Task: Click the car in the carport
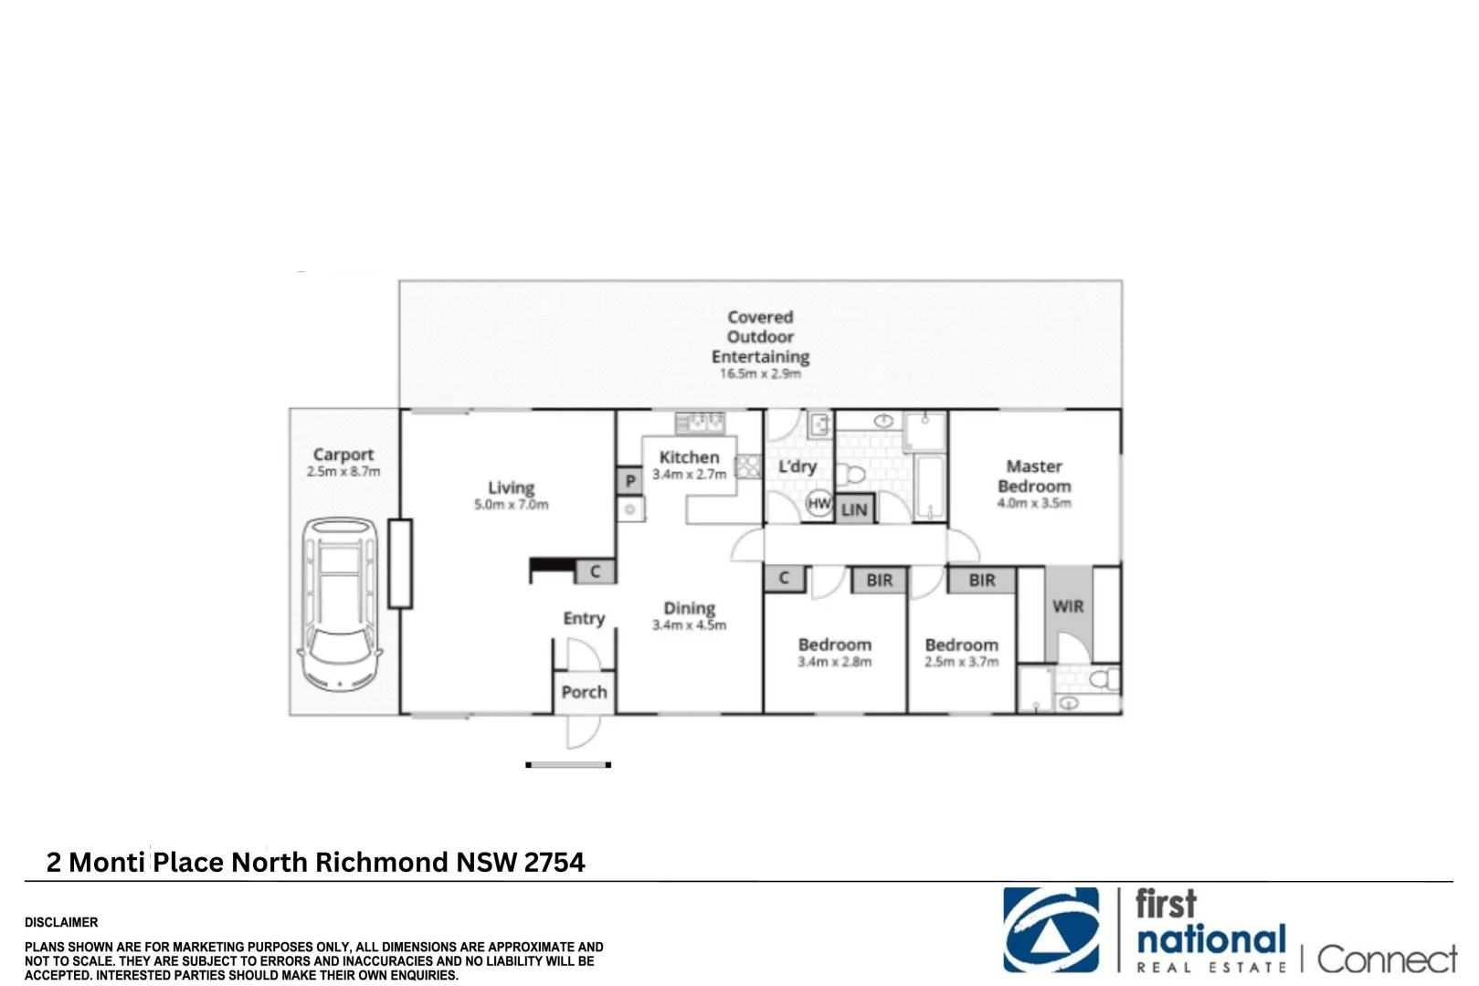[339, 604]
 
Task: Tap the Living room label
[511, 488]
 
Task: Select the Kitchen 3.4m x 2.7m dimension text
[689, 475]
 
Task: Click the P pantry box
[629, 481]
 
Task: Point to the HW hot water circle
[819, 503]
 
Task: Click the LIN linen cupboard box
[854, 509]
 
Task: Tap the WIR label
[1068, 606]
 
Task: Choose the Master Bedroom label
[1034, 477]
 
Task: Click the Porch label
[584, 692]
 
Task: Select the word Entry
[584, 619]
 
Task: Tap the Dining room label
[689, 608]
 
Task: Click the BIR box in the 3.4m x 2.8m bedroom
[879, 580]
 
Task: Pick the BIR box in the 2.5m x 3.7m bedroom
[982, 580]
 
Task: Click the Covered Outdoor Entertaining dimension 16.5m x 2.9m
[760, 374]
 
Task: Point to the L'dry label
[797, 467]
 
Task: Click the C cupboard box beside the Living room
[595, 572]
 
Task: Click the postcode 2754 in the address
[555, 863]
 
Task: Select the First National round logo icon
[1051, 930]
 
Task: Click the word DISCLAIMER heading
[61, 922]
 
